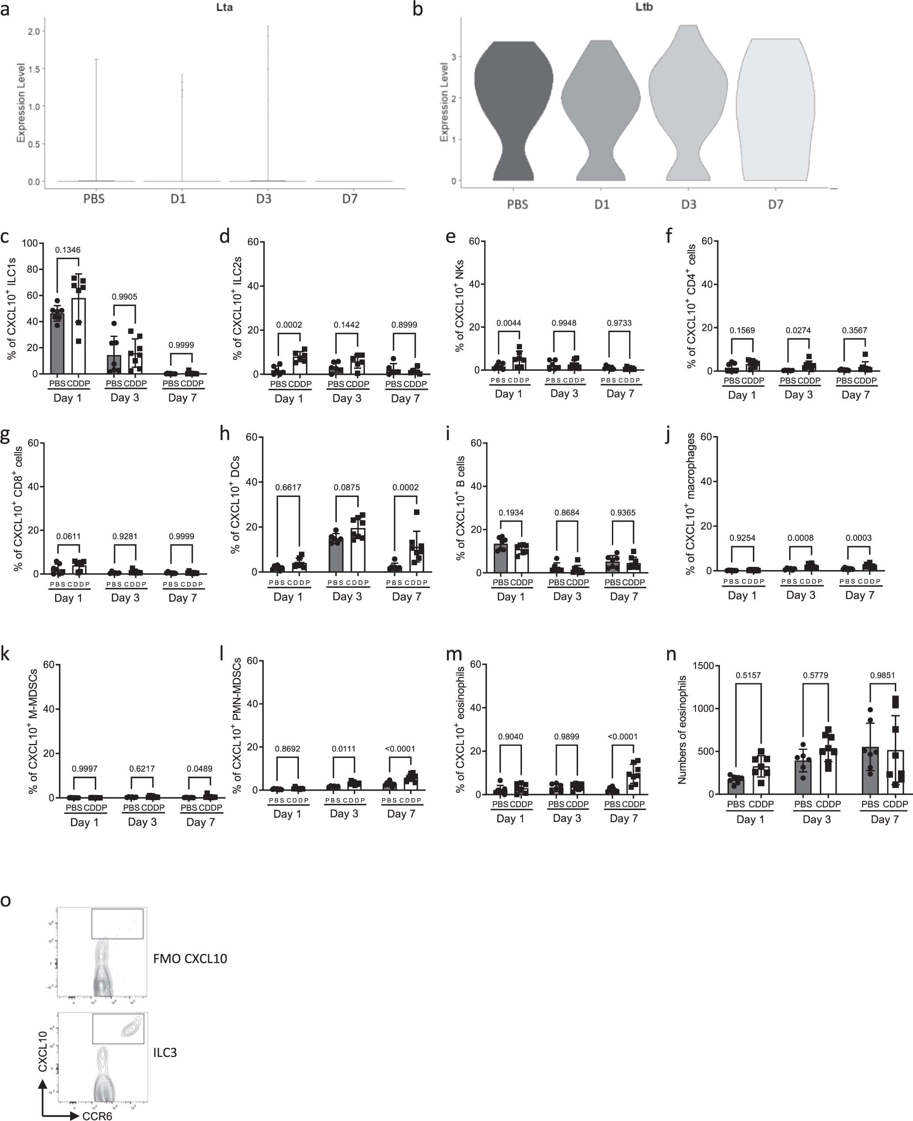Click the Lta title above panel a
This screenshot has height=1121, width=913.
224,8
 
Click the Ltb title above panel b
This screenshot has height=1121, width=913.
644,7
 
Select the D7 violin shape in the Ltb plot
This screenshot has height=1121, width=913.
775,111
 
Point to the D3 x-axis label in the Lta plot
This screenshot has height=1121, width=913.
264,199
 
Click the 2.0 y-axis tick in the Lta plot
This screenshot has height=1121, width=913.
34,32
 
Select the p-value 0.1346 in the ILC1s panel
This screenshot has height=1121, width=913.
68,250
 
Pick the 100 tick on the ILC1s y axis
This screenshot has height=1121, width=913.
30,243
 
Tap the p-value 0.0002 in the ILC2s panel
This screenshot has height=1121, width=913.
289,325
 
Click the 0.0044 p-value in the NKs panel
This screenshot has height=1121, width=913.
509,323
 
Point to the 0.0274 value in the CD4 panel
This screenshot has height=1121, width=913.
798,330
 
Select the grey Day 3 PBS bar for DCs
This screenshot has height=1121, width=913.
336,555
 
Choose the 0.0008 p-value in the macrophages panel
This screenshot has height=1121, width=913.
801,538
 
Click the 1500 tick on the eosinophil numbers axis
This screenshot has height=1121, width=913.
703,666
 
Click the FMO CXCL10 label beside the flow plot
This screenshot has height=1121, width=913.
190,958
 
